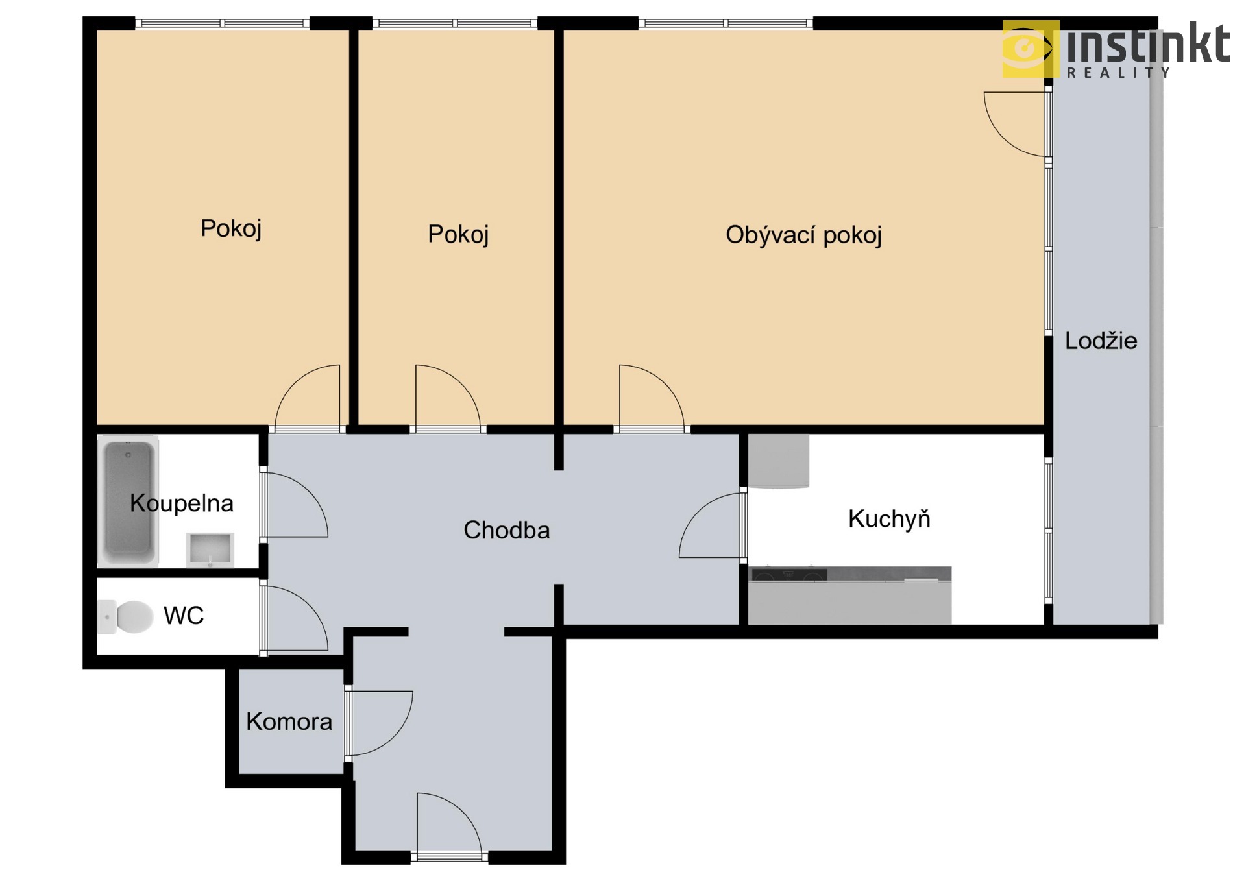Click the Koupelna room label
[181, 503]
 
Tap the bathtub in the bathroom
[128, 501]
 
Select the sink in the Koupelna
[210, 549]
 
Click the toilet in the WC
[126, 616]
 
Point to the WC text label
[184, 616]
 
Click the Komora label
[289, 721]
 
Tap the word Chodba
[507, 530]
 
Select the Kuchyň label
[889, 518]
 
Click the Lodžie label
[1101, 341]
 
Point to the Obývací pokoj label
[803, 235]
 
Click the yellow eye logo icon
[1031, 49]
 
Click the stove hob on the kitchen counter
[788, 575]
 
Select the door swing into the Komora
[380, 723]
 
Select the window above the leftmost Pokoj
[223, 23]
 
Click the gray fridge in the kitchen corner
[779, 461]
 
